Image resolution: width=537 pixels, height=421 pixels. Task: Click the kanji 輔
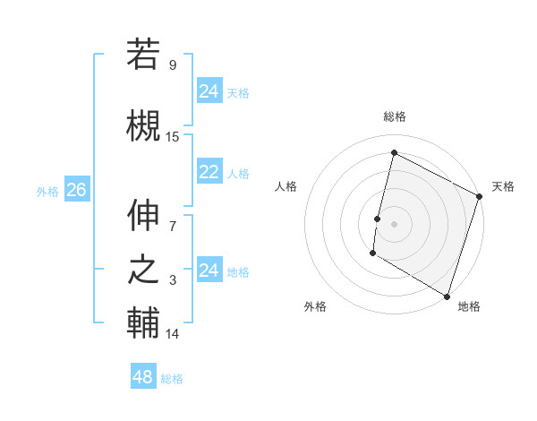click(x=143, y=323)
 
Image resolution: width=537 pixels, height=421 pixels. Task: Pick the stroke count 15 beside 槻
click(x=173, y=137)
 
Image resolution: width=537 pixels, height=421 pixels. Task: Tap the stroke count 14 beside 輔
click(x=173, y=334)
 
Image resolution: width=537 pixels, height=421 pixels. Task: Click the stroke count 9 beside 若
click(x=172, y=65)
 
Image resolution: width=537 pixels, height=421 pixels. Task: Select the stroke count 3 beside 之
click(x=173, y=280)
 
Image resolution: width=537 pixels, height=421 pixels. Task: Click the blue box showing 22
click(x=209, y=173)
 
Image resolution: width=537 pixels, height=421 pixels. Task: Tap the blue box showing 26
click(x=76, y=190)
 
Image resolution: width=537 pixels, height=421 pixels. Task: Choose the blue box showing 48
click(x=143, y=377)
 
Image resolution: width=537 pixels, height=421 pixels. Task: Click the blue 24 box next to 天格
click(x=209, y=91)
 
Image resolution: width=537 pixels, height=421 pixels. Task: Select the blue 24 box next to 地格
click(x=209, y=271)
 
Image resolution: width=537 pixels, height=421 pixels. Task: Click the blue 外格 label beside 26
click(x=47, y=191)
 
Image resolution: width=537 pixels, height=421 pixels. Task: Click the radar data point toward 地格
click(x=447, y=296)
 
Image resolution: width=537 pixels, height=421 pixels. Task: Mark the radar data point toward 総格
click(x=393, y=153)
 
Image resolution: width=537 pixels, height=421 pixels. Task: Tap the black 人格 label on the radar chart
click(x=286, y=186)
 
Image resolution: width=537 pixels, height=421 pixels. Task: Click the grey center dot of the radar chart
click(x=394, y=223)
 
